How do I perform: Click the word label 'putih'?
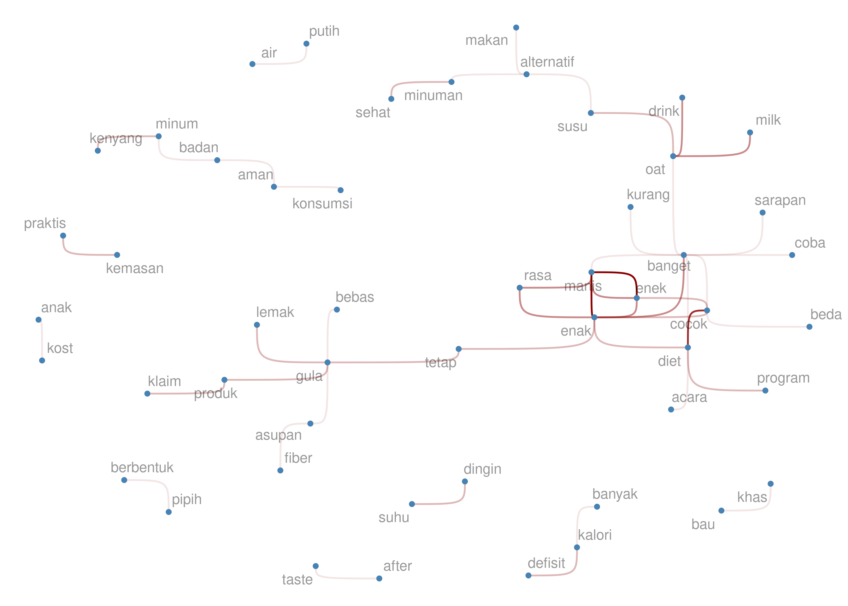coord(324,31)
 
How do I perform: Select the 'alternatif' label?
coord(547,62)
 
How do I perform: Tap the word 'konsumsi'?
coord(322,203)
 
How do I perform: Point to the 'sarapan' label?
coord(780,200)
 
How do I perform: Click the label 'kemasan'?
coord(135,268)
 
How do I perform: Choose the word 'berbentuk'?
coord(142,467)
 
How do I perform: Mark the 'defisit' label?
coord(546,563)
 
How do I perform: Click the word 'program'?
coord(783,378)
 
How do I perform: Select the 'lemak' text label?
coord(275,312)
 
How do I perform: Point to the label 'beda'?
coord(826,315)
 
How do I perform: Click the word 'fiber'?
coord(298,458)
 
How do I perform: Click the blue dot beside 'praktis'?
coord(63,236)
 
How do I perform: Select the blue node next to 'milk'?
coord(750,133)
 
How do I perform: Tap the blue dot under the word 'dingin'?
coord(465,481)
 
